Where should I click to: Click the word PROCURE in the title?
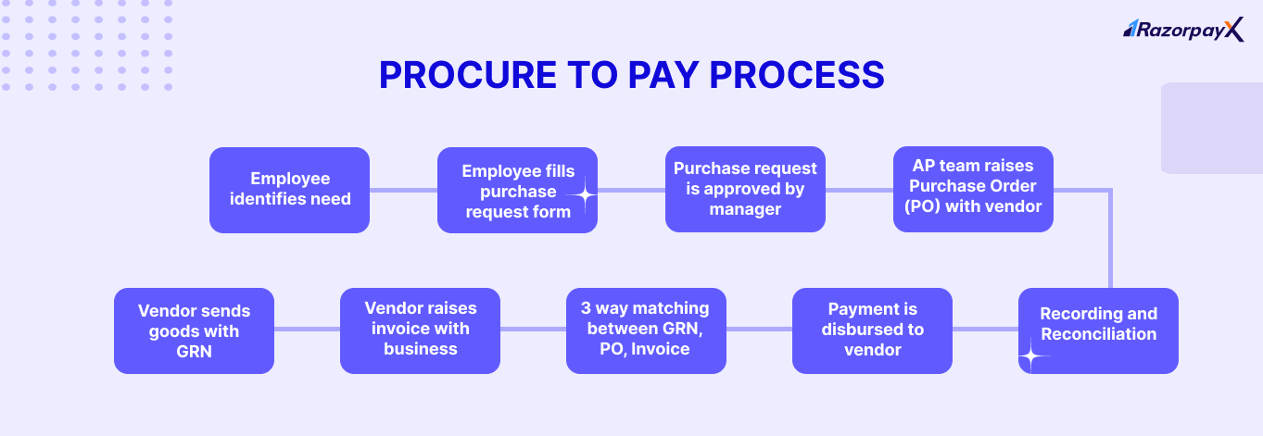pos(461,75)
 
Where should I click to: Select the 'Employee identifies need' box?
pos(289,190)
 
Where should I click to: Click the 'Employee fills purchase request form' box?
pos(517,190)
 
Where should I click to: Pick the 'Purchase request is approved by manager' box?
pos(745,190)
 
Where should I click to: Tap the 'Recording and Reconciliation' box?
pos(1098,330)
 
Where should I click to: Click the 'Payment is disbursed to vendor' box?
pos(872,330)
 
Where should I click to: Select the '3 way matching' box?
pos(646,330)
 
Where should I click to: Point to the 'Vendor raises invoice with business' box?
pos(420,330)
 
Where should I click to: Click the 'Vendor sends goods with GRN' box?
pos(194,330)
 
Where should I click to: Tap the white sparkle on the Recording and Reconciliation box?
pos(1030,355)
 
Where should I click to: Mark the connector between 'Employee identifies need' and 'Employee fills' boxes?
pos(403,190)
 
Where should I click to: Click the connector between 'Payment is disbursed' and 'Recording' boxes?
pos(985,330)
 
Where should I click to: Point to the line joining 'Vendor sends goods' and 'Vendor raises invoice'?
pos(307,330)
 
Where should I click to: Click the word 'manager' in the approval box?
pos(745,209)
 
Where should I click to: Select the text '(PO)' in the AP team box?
pos(917,206)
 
